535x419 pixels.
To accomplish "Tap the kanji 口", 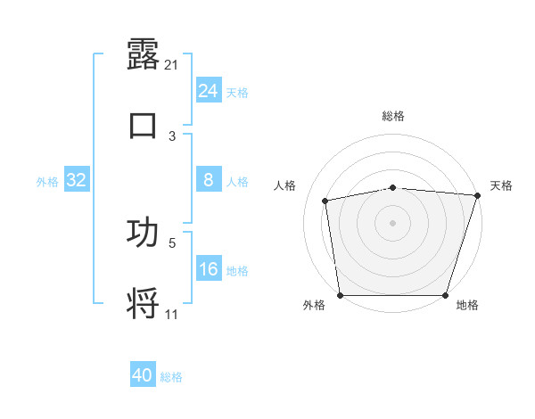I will [x=144, y=125].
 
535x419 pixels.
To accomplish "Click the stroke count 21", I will [x=172, y=65].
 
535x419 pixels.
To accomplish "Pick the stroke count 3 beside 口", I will [x=172, y=136].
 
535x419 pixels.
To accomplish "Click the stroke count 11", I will [x=172, y=315].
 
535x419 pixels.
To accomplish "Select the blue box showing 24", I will [x=208, y=91].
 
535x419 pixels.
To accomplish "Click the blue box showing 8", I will [x=208, y=180].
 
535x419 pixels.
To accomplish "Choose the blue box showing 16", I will [x=208, y=269].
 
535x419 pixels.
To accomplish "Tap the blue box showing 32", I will [x=76, y=180].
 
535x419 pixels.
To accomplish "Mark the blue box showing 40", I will [x=143, y=375].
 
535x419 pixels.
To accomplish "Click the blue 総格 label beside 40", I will [x=171, y=377].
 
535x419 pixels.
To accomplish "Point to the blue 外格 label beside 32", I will [x=47, y=182].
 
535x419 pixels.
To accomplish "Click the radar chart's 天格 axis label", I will [x=502, y=185].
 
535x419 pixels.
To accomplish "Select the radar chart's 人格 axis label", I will [x=285, y=185].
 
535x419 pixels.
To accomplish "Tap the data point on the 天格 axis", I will [x=477, y=195].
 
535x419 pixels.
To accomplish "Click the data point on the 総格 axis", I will [x=393, y=187].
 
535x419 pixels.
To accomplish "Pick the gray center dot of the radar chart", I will [x=393, y=223].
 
